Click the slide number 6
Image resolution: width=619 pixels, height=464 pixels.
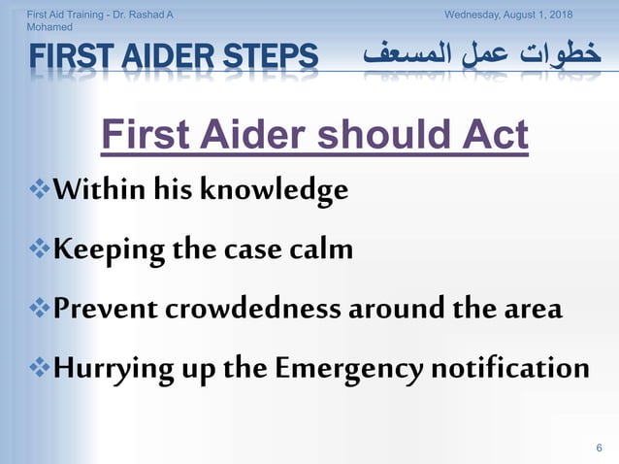599,446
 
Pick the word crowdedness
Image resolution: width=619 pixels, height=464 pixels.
252,310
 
